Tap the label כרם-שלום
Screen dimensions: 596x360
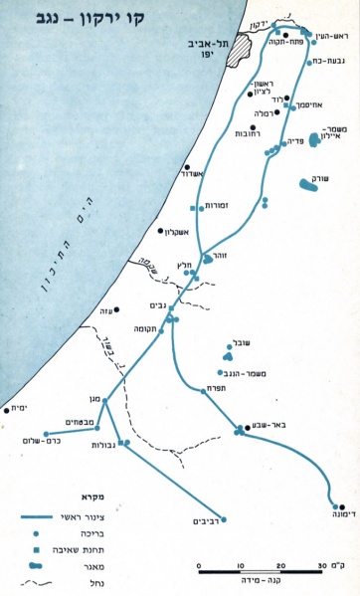pyautogui.click(x=44, y=445)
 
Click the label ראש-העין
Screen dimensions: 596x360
pyautogui.click(x=327, y=36)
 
